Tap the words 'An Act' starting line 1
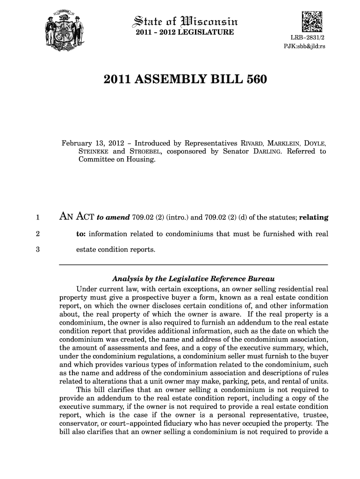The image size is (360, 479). [75, 217]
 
